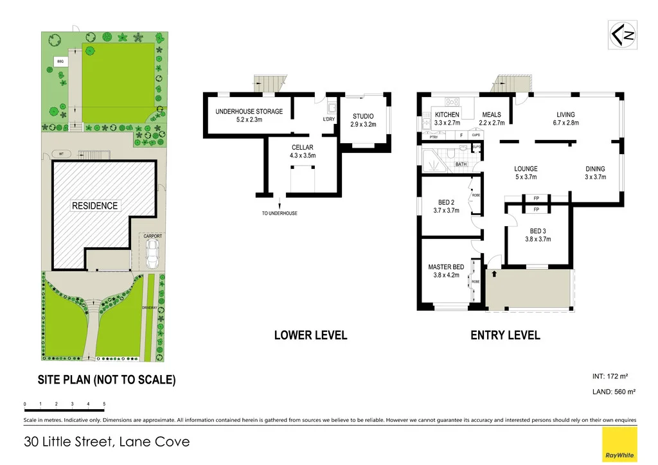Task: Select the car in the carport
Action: tap(153, 256)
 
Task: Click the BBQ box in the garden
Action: tap(61, 62)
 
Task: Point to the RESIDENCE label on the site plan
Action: tap(94, 206)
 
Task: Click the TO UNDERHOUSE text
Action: tap(280, 213)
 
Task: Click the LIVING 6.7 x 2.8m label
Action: tap(567, 118)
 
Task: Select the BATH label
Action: tap(461, 164)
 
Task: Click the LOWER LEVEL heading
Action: tap(310, 335)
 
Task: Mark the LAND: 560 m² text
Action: tap(614, 391)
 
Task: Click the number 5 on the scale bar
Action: tap(104, 404)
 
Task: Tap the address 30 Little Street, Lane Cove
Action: tap(107, 442)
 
